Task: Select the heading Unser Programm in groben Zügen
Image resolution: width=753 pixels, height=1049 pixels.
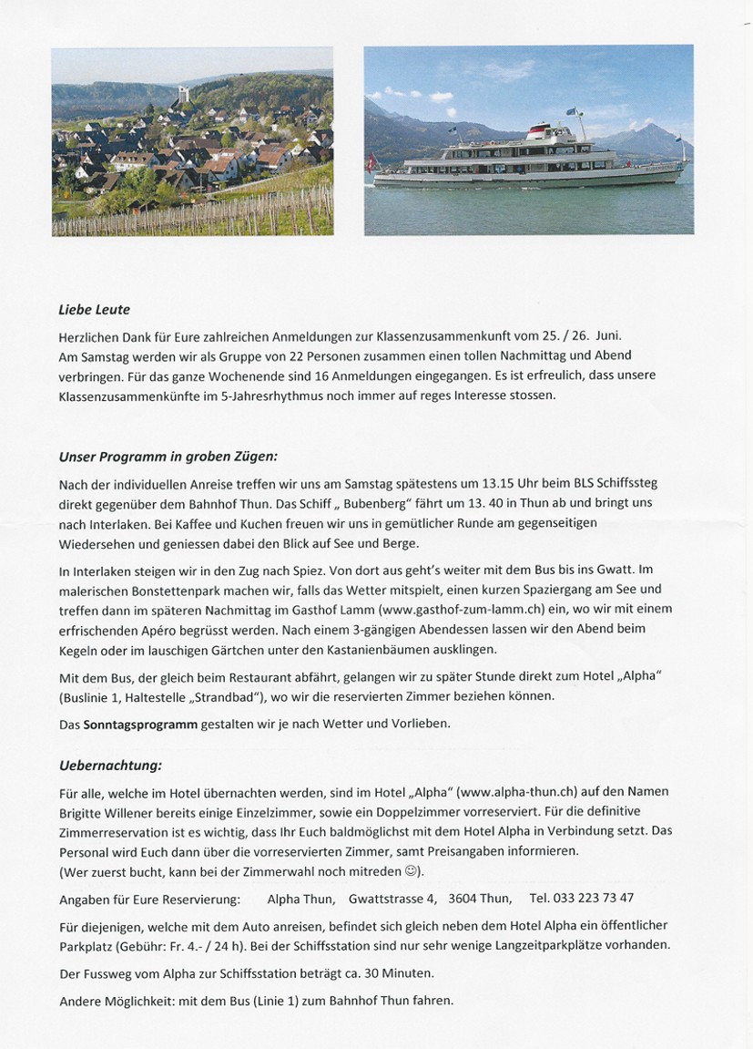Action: (168, 456)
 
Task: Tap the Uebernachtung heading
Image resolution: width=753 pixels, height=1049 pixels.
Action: (110, 766)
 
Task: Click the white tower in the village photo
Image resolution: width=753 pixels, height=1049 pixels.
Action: (183, 94)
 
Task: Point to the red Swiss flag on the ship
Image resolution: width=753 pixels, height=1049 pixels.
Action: (371, 165)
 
